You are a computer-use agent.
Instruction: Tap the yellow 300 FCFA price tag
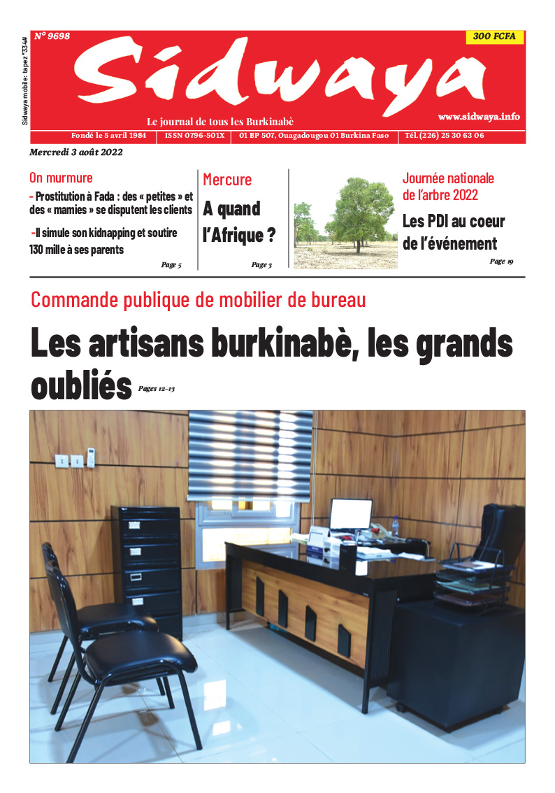[x=494, y=38]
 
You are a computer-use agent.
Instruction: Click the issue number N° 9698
[x=52, y=36]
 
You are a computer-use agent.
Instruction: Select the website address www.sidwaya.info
[x=479, y=117]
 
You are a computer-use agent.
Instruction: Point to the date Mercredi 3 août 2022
[x=77, y=152]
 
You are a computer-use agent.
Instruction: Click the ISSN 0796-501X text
[x=195, y=136]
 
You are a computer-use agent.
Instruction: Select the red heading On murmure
[x=61, y=178]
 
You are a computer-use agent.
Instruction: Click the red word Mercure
[x=227, y=180]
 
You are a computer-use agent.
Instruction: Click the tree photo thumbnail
[x=345, y=222]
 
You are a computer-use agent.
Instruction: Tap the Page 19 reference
[x=501, y=262]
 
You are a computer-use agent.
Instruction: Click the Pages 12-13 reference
[x=156, y=388]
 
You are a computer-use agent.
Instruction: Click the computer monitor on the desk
[x=351, y=515]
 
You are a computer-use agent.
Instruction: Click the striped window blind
[x=250, y=455]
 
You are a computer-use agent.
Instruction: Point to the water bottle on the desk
[x=395, y=526]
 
